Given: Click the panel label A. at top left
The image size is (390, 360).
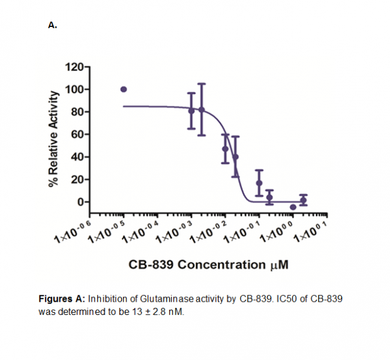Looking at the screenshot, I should pyautogui.click(x=52, y=25).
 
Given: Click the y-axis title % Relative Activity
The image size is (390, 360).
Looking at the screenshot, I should pyautogui.click(x=55, y=139).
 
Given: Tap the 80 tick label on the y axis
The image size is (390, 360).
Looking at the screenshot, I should pyautogui.click(x=77, y=112).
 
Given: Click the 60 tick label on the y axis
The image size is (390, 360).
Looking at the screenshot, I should pyautogui.click(x=77, y=134).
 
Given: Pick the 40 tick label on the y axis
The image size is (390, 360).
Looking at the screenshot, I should pyautogui.click(x=77, y=157).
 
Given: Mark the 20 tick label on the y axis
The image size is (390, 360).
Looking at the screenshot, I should pyautogui.click(x=77, y=179).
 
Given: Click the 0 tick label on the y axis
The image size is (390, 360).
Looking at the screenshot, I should pyautogui.click(x=80, y=202).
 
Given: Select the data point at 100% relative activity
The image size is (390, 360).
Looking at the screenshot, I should pyautogui.click(x=124, y=89).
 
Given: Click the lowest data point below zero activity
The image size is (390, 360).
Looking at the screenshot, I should pyautogui.click(x=293, y=207).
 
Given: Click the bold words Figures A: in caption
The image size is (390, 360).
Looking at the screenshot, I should pyautogui.click(x=62, y=299).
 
